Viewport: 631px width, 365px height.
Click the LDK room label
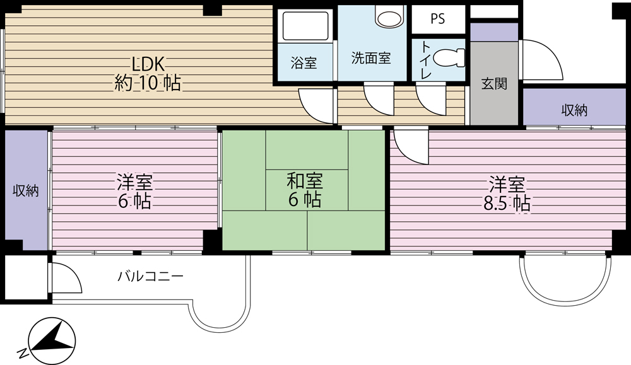[x=148, y=74]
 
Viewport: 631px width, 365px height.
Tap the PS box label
[x=438, y=19]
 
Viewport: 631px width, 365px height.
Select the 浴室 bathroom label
[x=304, y=62]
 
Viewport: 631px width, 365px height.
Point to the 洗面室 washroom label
[x=371, y=58]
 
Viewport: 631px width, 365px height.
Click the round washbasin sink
[x=389, y=17]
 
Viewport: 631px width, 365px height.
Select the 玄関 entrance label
[x=494, y=84]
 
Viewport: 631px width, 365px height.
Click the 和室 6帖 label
[x=305, y=190]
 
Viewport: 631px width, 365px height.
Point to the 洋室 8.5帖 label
[x=507, y=194]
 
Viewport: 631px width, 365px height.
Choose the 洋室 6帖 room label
[x=134, y=192]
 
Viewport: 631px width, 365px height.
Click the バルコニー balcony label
[x=151, y=276]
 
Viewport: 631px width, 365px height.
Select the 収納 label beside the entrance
[x=574, y=110]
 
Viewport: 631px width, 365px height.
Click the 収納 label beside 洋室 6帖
[x=26, y=190]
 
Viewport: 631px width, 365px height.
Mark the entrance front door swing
[x=541, y=60]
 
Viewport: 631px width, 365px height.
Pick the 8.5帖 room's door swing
[x=411, y=146]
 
